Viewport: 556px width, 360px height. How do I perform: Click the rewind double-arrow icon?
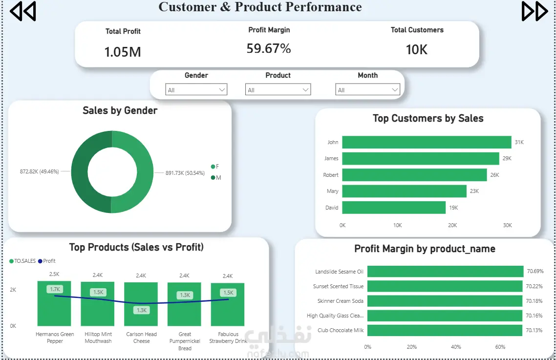pos(22,11)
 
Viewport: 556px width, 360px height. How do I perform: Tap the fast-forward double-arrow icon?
pos(535,11)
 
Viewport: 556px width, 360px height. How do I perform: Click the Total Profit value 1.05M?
pos(123,52)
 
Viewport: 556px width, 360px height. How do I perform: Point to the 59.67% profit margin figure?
pos(269,48)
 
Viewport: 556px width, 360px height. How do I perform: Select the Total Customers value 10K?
pos(417,50)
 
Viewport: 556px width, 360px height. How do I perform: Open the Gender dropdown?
pos(196,90)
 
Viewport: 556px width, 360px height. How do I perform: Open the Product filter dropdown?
pos(278,90)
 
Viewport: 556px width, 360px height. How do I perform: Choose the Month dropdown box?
pos(368,90)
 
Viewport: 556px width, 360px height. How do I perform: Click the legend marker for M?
pos(213,178)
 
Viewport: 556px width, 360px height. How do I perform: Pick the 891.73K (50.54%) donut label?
pos(185,173)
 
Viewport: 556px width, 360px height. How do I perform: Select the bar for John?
pos(427,142)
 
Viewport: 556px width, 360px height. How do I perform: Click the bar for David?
pos(394,208)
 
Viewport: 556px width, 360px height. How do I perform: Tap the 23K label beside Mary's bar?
pos(474,191)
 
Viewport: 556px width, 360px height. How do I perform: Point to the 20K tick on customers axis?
pos(452,225)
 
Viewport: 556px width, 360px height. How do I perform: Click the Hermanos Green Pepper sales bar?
pos(54,304)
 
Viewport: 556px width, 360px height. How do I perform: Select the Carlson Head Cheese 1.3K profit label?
pos(142,310)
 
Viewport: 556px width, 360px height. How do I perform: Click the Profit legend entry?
pos(47,261)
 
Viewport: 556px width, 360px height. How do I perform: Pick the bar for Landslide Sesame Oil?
pos(446,271)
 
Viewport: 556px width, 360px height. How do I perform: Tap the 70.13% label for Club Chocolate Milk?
pos(534,330)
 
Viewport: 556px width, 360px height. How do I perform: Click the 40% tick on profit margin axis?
pos(456,347)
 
